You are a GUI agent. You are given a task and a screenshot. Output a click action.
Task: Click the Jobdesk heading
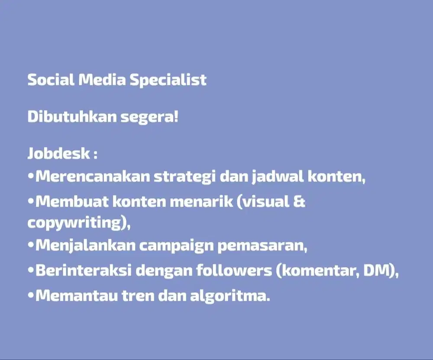[58, 154]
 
